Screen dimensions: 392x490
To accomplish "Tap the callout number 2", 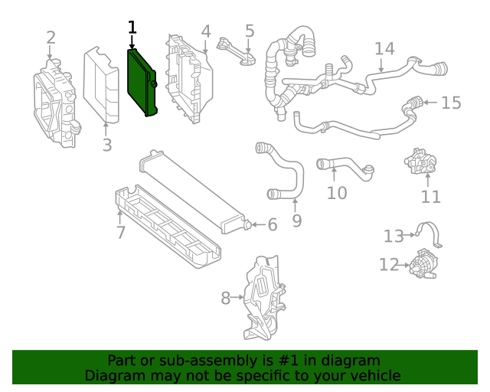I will coord(51,38).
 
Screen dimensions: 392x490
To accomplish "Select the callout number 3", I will coord(106,145).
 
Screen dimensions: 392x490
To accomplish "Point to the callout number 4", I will coord(206,31).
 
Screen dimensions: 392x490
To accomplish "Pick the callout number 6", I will coord(271,224).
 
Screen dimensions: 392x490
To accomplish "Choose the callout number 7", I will coord(121,232).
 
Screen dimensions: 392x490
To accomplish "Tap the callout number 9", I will coord(296,221).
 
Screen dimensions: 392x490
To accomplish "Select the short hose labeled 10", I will coord(345,166).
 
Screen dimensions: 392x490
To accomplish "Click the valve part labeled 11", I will coord(418,162).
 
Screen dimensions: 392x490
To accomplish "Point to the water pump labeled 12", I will coord(423,264).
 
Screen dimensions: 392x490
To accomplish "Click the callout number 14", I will coord(384,49).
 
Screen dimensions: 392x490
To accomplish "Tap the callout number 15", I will coord(452,102).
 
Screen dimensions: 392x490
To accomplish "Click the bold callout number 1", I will coord(132,28).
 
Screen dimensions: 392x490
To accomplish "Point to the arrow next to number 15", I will coord(430,102).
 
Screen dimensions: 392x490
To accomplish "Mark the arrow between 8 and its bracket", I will coord(237,297).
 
